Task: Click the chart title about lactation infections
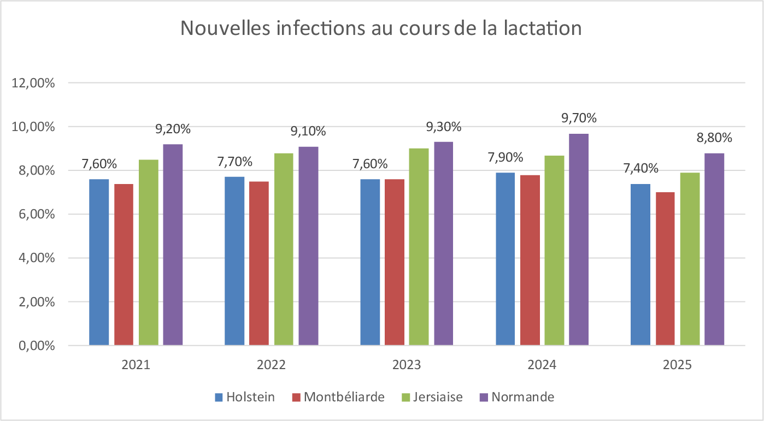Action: pos(381,28)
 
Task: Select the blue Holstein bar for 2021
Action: pos(99,262)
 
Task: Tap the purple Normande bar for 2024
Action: pos(578,239)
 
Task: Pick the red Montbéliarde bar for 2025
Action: pos(665,269)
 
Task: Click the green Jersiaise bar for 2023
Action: pos(419,247)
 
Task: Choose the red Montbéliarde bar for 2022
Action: pos(259,263)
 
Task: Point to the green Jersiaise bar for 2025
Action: pos(690,259)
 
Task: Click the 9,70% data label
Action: pos(579,118)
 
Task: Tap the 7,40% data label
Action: pos(640,168)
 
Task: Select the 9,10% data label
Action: pos(308,131)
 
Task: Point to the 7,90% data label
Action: pos(505,157)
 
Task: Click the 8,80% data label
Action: pos(714,138)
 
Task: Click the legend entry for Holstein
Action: pos(245,397)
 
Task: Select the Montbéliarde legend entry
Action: pos(338,397)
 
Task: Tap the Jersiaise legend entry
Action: pos(432,397)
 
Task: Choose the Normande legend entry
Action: pos(517,397)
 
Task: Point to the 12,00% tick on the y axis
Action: pos(33,83)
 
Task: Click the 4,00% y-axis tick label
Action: pos(37,258)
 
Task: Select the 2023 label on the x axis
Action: pos(407,365)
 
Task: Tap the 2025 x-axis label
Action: pos(677,365)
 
